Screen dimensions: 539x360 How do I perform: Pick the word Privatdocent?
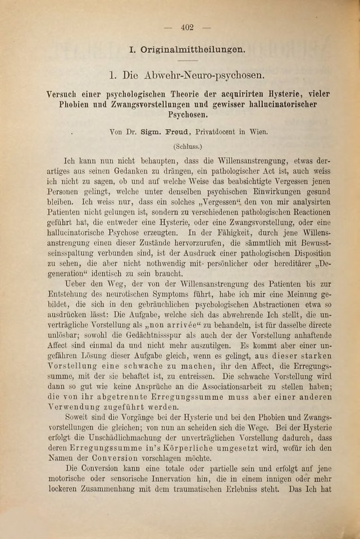pos(219,134)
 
